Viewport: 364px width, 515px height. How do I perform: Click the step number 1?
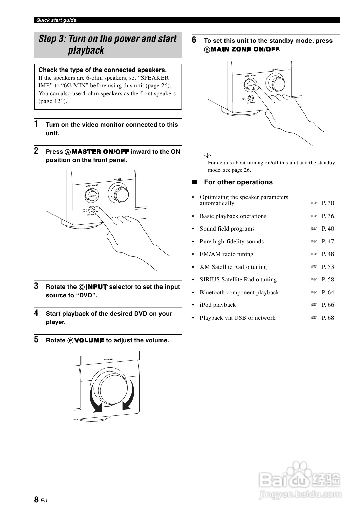36,124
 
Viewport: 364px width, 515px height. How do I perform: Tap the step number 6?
194,40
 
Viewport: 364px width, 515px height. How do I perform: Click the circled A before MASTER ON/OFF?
67,152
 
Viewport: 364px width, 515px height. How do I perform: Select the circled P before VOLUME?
70,341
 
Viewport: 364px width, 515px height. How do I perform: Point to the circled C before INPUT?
82,287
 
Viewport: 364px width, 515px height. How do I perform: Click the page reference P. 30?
327,203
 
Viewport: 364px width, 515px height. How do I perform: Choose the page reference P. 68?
327,318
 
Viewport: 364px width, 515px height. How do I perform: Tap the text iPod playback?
217,305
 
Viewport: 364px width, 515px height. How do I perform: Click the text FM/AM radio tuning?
226,254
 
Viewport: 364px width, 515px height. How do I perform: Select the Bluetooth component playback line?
239,292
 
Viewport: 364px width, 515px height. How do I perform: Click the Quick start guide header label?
56,20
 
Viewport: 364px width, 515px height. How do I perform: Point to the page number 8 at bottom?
36,499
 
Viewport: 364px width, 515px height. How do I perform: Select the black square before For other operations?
194,182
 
